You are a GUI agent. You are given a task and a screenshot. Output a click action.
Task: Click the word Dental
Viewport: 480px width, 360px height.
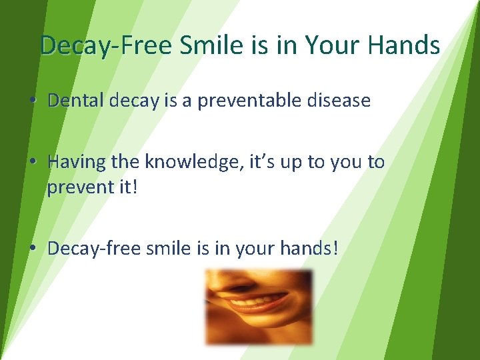coord(76,101)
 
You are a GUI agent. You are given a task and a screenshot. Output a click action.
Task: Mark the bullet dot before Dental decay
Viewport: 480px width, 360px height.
coord(32,101)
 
